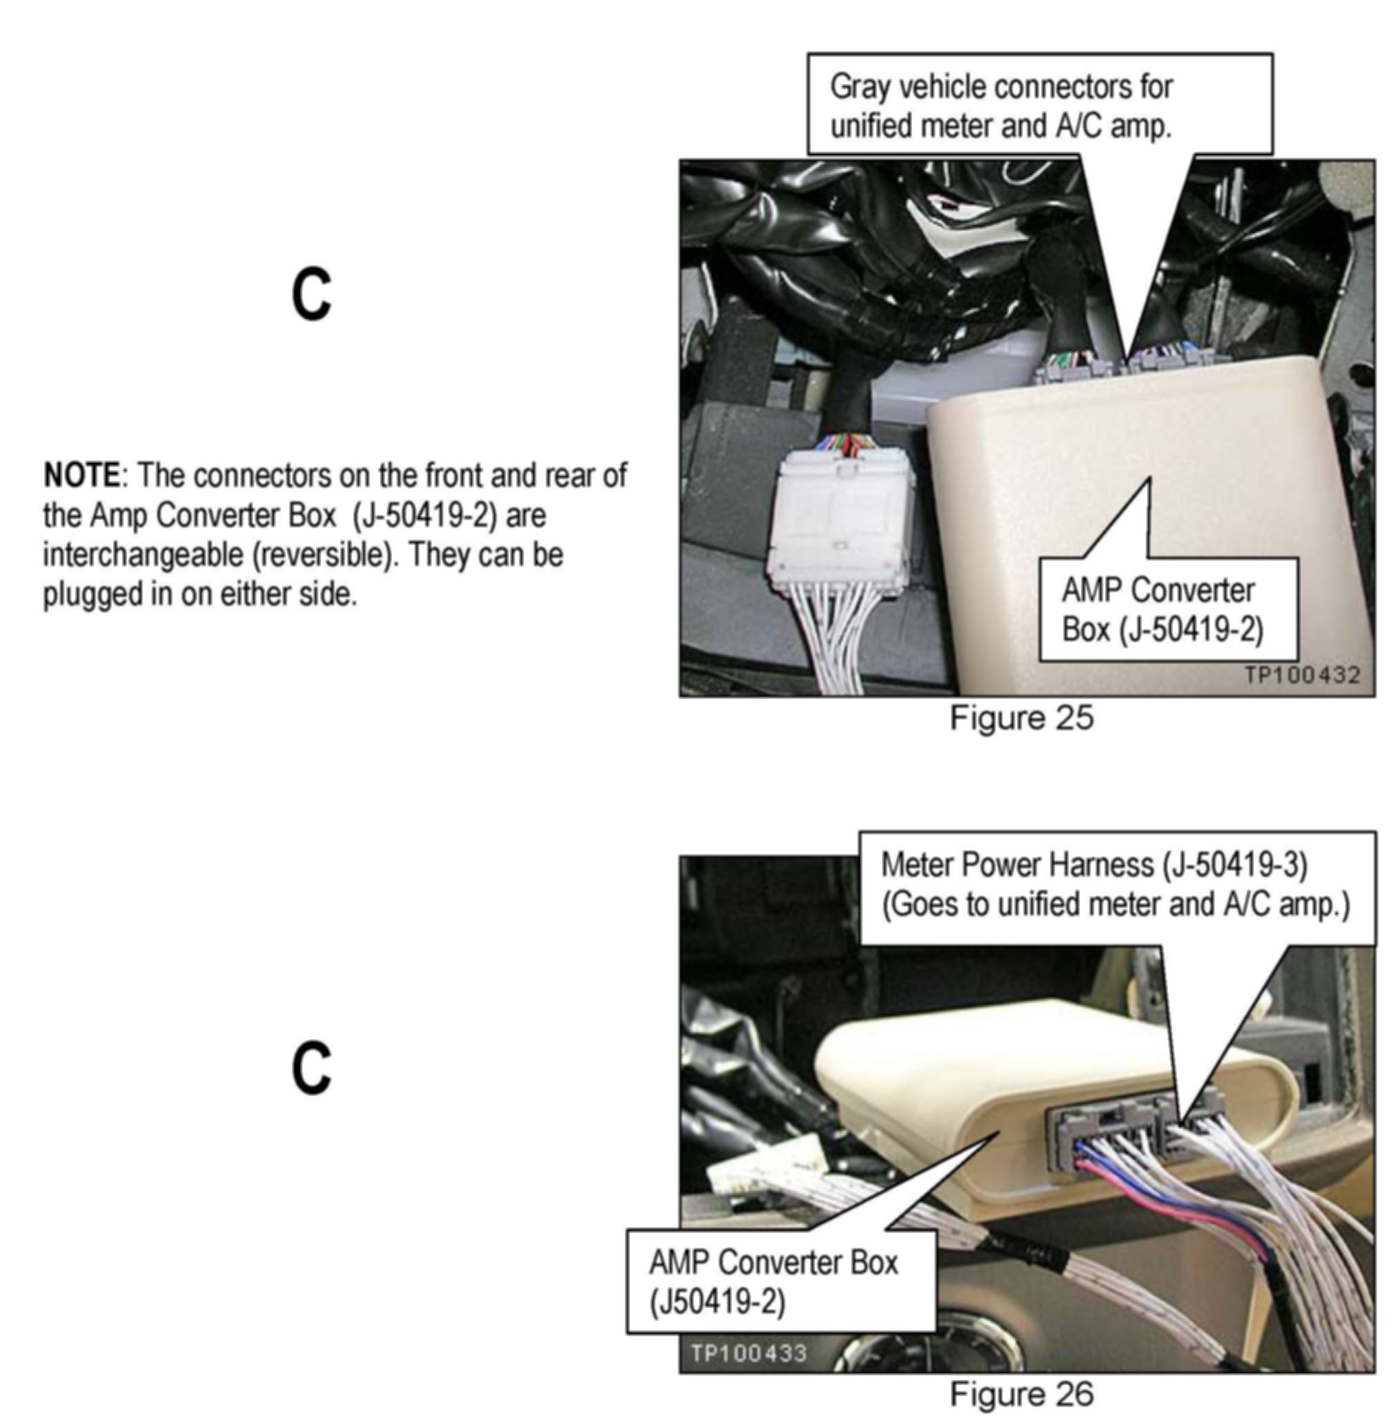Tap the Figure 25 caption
(x=1022, y=717)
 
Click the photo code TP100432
(x=1302, y=674)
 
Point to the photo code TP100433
(x=749, y=1352)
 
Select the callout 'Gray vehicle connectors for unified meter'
(x=1040, y=104)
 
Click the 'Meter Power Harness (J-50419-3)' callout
(x=1118, y=888)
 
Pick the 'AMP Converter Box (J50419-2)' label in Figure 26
(x=782, y=1281)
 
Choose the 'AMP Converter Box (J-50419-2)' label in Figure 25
(x=1168, y=609)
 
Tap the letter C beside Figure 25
(x=312, y=295)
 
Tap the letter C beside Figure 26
(x=312, y=1068)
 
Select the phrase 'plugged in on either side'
(x=200, y=595)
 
